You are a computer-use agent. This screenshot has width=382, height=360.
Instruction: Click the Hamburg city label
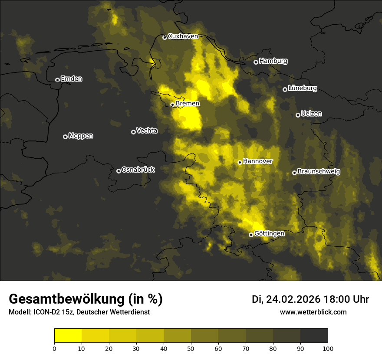coord(273,61)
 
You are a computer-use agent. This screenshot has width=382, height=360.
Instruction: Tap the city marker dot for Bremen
coord(172,105)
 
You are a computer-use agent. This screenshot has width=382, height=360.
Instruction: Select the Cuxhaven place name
coord(183,36)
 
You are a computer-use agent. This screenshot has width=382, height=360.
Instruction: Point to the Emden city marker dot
coord(57,80)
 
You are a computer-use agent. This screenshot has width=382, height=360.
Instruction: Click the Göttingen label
coord(269,234)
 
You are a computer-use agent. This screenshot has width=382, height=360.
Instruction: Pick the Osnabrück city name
coord(138,170)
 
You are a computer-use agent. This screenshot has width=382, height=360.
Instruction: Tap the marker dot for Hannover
coord(240,162)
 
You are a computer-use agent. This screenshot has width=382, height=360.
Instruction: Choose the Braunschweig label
coord(319,172)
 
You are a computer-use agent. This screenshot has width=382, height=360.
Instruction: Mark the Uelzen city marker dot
coord(298,115)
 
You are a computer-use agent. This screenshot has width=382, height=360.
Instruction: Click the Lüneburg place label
coord(302,88)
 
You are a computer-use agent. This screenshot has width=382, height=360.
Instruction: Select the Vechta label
coord(147,131)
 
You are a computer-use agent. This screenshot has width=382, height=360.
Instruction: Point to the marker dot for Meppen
coord(65,137)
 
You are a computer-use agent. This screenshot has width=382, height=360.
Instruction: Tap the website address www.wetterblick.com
coord(313,312)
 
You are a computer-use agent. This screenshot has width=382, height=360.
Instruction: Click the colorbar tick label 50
coord(191,348)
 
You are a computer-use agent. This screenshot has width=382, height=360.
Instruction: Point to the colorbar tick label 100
coord(328,348)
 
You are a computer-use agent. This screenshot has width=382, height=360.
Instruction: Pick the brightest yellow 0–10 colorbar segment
coord(68,336)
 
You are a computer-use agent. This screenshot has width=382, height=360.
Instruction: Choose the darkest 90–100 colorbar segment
coord(314,336)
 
